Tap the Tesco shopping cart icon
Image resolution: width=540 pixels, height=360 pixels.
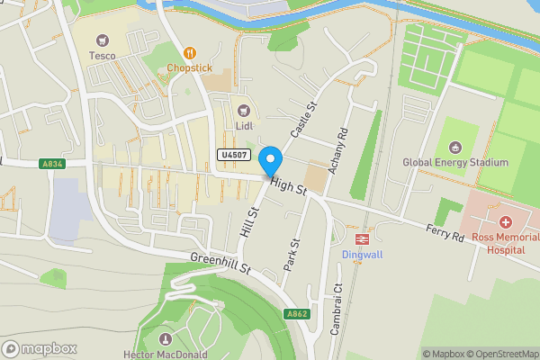(x=102, y=40)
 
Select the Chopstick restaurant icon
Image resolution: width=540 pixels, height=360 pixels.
(x=189, y=53)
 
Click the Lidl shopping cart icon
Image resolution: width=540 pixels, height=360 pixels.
(x=242, y=110)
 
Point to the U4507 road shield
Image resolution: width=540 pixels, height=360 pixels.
(x=233, y=156)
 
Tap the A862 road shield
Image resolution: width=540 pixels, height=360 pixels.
(x=297, y=314)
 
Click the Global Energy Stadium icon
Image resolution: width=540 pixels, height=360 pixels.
(x=454, y=148)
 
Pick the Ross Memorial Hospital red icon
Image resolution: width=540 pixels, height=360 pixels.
(x=506, y=221)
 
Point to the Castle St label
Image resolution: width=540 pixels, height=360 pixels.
(x=304, y=120)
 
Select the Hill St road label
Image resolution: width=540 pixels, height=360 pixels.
(x=249, y=221)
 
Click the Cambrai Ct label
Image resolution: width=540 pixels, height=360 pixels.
(x=337, y=310)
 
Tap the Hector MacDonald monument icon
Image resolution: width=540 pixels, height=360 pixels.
(x=165, y=339)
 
